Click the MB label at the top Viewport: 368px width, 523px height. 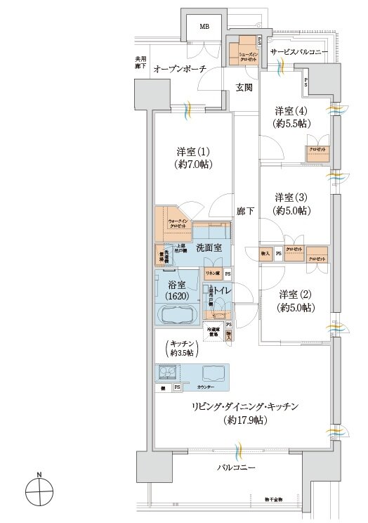tap(204, 27)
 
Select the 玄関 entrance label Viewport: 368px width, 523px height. tap(244, 87)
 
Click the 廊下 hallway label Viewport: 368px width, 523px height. tap(245, 210)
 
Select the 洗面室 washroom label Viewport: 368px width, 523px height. tap(209, 247)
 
